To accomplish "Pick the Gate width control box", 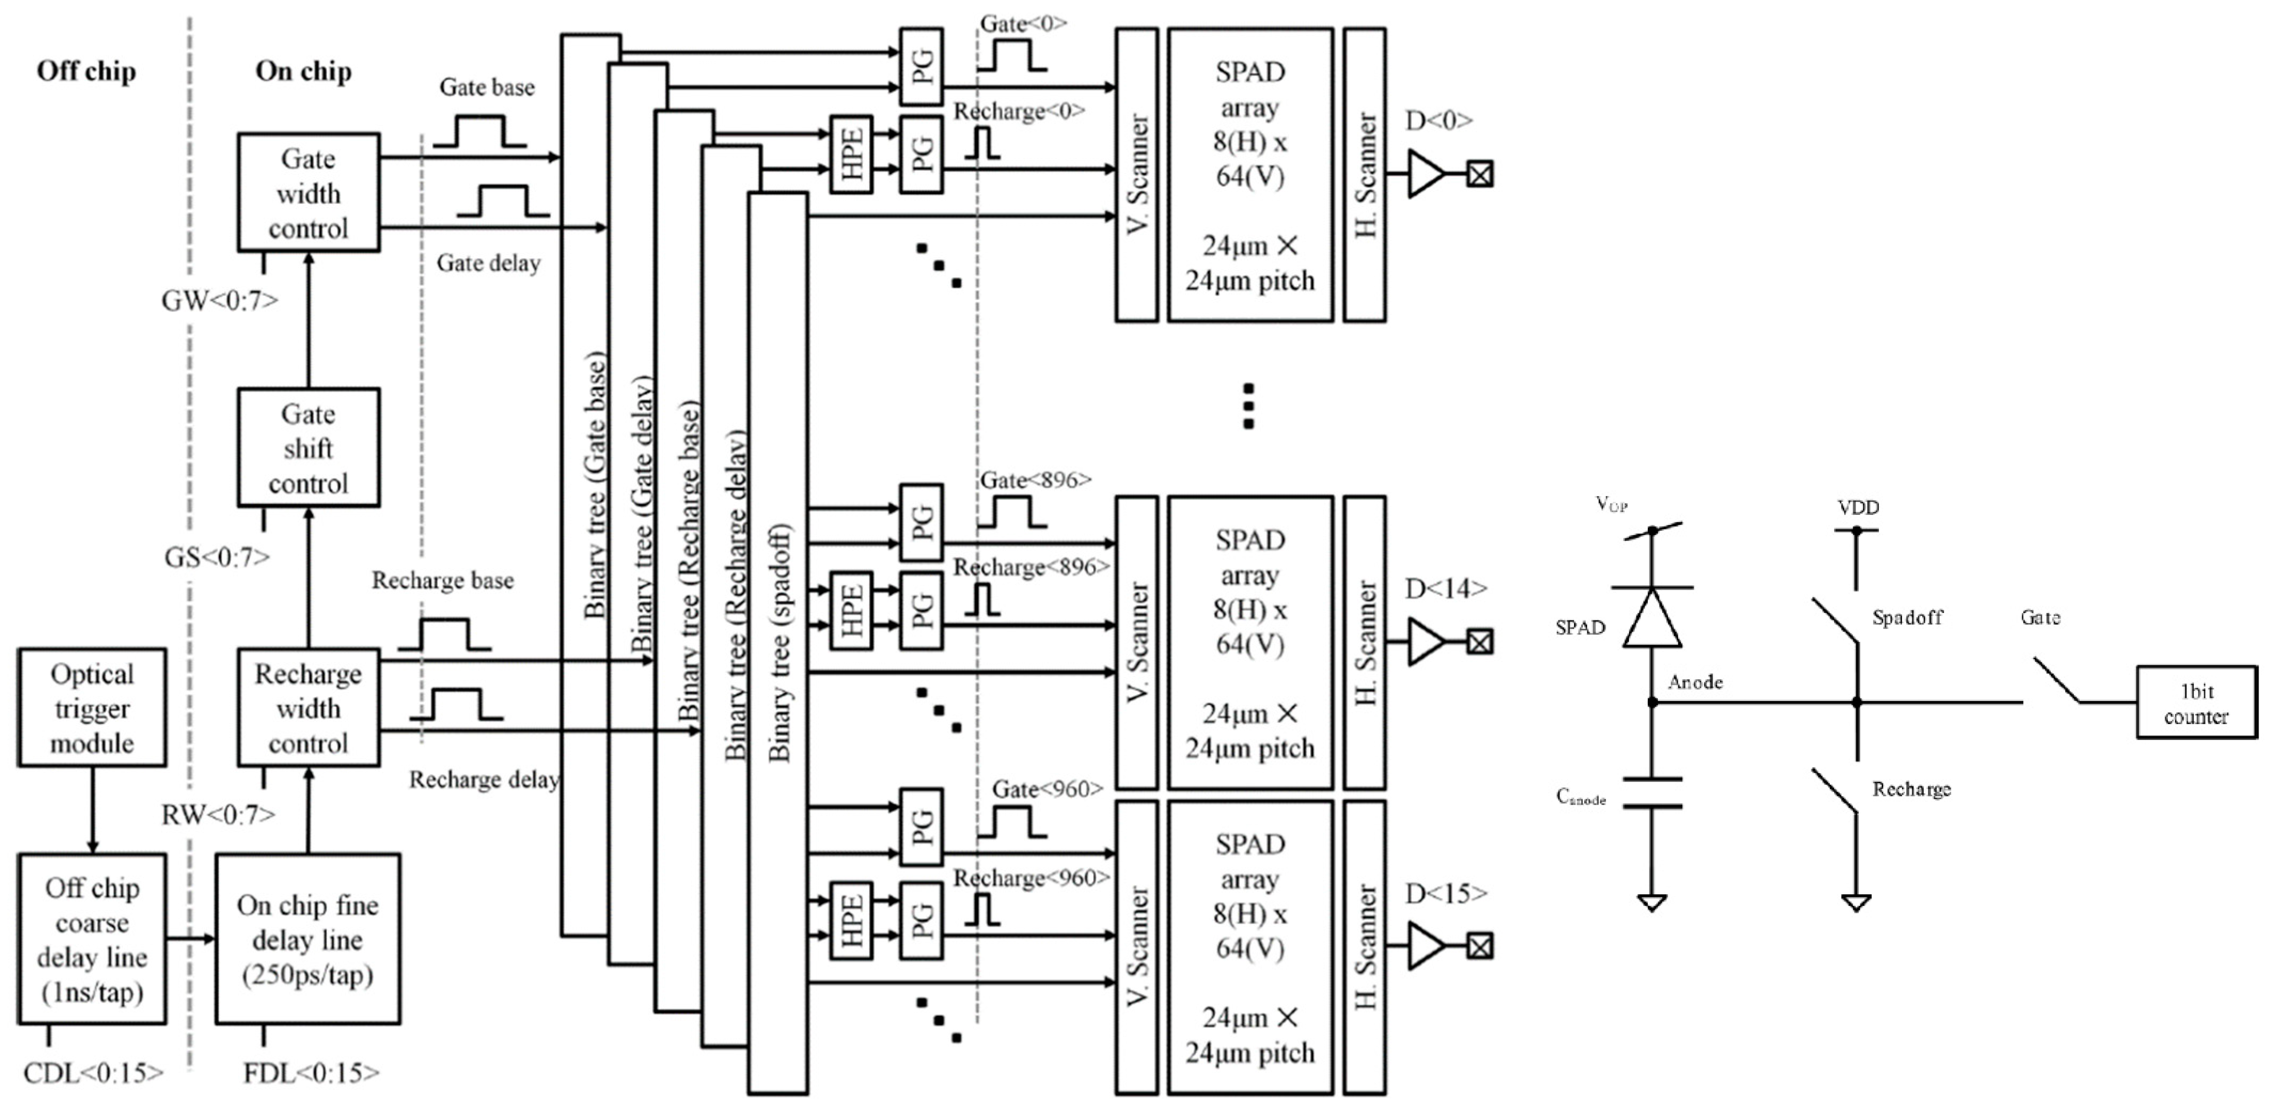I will tap(308, 192).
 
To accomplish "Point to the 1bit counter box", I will tap(2196, 703).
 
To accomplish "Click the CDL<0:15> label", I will tap(93, 1072).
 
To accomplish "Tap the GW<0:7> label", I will tap(219, 301).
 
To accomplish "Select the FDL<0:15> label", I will tap(311, 1072).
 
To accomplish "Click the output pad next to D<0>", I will tap(1480, 174).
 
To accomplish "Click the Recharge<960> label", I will tap(1031, 878).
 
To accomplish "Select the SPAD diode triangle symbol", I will tap(1652, 617).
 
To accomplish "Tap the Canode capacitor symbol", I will tap(1652, 792).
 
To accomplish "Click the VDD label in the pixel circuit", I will tap(1858, 507).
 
